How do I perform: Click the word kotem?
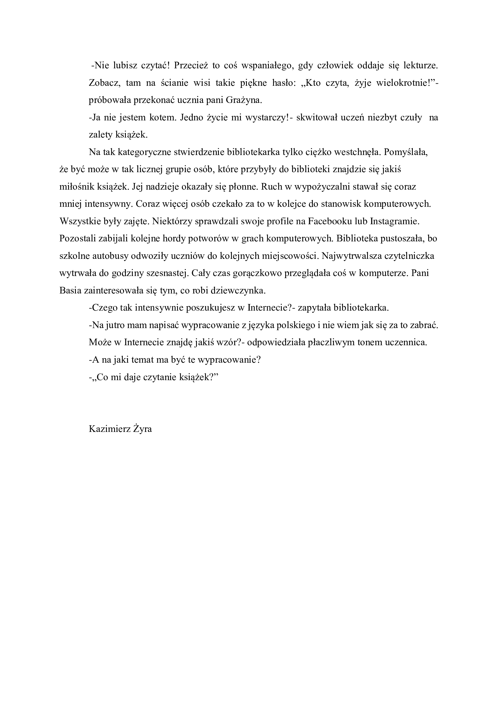coord(161,118)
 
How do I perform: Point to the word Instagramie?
coord(395,222)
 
